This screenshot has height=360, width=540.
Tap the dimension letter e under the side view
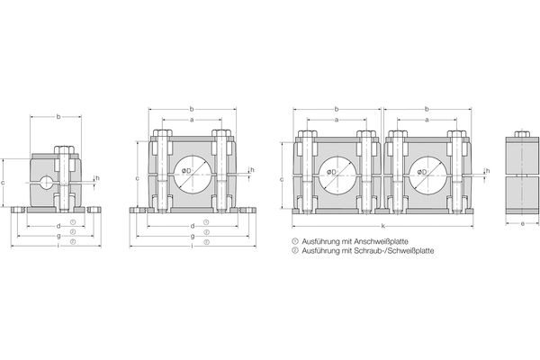[x=522, y=224]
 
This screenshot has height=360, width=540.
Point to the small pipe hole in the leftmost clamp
[x=46, y=183]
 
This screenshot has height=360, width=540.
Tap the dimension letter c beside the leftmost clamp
[x=4, y=182]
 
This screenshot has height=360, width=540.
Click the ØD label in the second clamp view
[x=184, y=171]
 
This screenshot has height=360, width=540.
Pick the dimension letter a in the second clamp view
[x=192, y=120]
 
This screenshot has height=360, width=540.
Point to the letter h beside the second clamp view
[x=252, y=170]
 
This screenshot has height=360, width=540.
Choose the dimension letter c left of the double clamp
[x=283, y=179]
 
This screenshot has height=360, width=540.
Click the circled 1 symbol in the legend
[x=294, y=242]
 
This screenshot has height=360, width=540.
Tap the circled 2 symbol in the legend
[x=294, y=251]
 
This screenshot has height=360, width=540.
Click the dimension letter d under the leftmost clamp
[x=58, y=224]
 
